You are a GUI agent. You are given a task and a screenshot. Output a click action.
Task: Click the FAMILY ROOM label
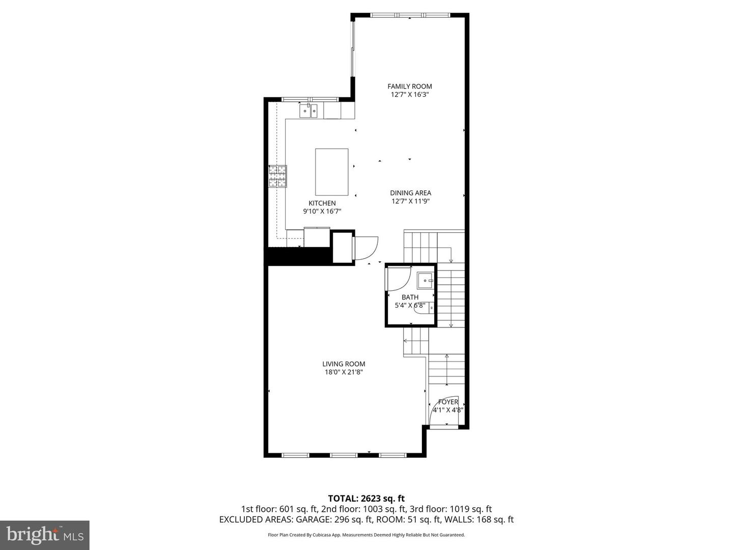[x=409, y=87]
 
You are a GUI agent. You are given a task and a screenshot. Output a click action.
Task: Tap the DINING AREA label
[x=410, y=193]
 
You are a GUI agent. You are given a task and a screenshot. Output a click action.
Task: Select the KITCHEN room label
[x=322, y=203]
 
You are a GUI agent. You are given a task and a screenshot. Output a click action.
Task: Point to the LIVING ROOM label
[x=344, y=364]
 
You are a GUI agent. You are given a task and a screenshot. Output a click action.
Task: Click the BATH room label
[x=410, y=297]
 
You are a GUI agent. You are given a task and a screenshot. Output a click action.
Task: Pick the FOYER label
[x=448, y=402]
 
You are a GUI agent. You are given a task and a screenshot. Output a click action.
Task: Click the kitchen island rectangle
[x=331, y=172]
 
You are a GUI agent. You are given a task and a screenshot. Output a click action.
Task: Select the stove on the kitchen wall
[x=277, y=177]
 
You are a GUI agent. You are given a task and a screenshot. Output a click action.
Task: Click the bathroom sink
[x=425, y=280]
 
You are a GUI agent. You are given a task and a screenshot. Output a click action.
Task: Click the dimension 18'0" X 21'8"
[x=344, y=372]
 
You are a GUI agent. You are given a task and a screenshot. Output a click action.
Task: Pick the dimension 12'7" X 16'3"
[x=409, y=95]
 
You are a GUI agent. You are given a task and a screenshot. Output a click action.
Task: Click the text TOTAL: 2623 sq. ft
[x=366, y=498]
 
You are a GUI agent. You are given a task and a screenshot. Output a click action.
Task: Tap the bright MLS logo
[x=45, y=535]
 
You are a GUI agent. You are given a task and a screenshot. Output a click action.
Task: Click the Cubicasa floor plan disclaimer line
[x=366, y=535]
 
